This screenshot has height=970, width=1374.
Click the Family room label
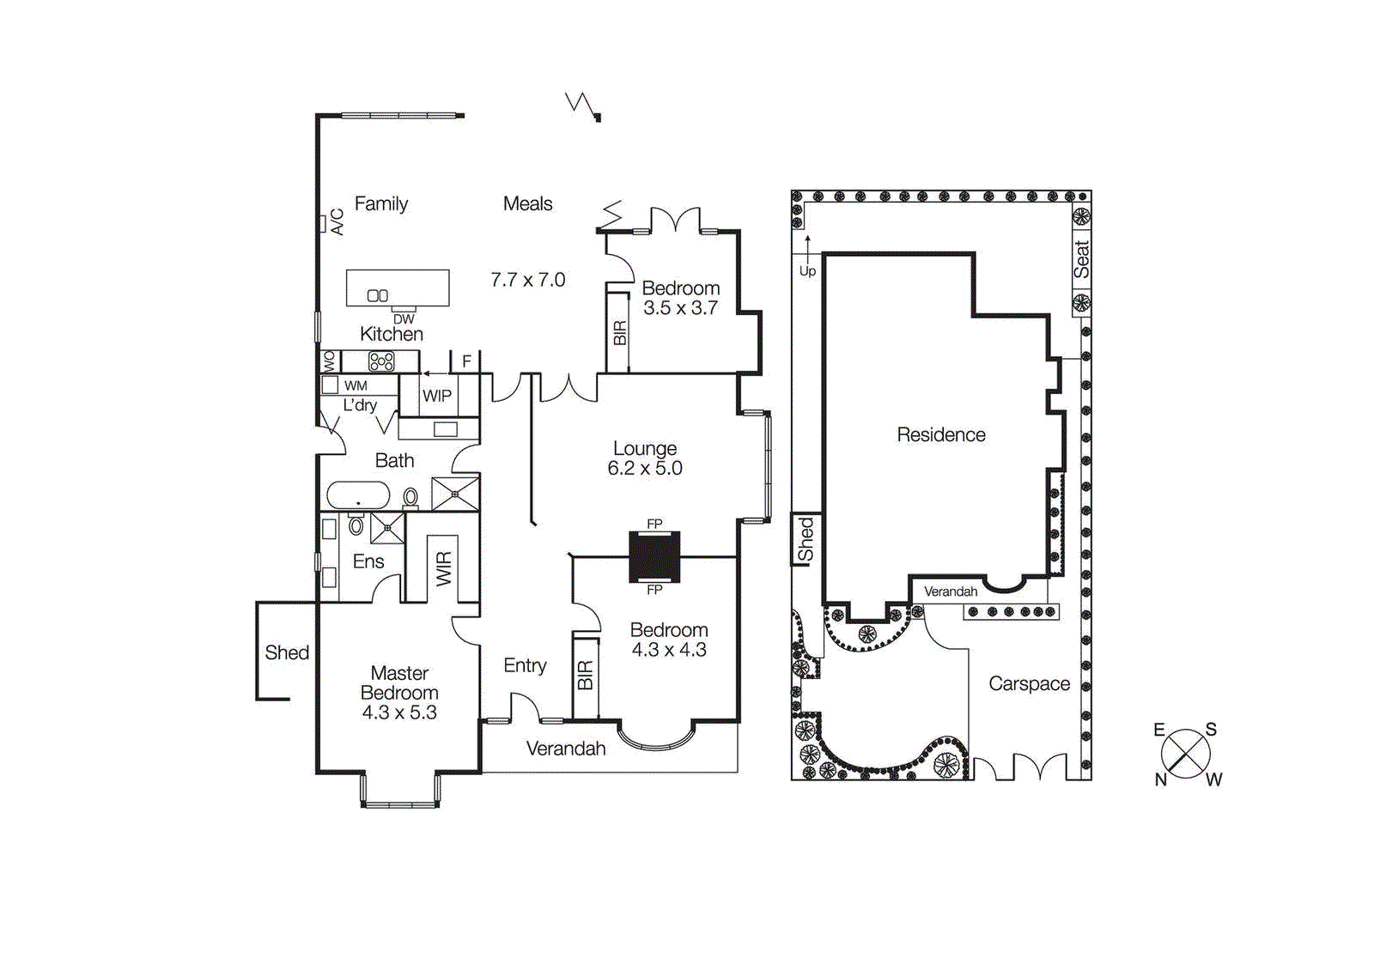380,204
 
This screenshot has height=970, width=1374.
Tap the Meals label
527,204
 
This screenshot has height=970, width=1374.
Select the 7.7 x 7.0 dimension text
527,280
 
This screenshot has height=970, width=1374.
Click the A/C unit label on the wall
337,222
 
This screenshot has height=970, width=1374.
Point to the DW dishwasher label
404,319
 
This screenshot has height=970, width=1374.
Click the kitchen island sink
378,295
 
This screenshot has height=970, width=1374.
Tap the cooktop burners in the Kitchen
381,361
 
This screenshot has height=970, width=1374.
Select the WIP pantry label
436,396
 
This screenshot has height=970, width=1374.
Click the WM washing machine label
356,386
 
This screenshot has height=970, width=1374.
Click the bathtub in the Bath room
358,496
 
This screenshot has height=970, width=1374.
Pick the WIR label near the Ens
443,569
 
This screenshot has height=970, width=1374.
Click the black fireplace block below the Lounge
654,556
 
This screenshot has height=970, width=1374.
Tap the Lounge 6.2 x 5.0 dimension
644,469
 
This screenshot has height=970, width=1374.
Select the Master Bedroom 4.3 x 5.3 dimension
399,712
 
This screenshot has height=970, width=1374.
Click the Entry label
525,665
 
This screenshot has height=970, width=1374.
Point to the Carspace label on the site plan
1029,684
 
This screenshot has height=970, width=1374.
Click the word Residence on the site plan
941,435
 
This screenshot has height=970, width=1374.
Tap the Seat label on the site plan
1081,259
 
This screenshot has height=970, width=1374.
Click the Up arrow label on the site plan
807,271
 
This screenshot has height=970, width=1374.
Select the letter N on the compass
1160,779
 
